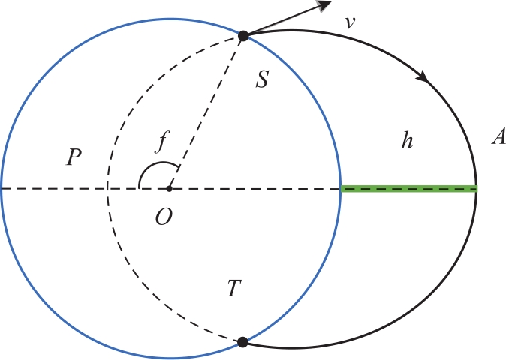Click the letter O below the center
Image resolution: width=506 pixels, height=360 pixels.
164,217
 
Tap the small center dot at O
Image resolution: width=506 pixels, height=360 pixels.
169,189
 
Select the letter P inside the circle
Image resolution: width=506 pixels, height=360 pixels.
74,157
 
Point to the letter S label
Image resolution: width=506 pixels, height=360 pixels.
262,79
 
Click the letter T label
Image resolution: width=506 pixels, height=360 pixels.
234,288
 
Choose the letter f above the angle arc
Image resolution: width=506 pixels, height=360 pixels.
163,142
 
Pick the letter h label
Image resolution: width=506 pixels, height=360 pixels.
407,141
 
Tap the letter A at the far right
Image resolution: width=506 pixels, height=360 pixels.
499,136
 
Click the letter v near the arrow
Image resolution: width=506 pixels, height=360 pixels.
350,22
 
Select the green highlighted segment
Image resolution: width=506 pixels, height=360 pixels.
409,189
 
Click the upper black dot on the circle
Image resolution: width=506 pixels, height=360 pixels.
243,36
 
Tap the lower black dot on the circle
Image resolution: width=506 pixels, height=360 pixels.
242,342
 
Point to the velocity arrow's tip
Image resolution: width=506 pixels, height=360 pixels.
331,1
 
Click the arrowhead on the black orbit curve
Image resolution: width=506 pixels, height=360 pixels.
423,76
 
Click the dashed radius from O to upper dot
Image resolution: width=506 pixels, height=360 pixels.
206,112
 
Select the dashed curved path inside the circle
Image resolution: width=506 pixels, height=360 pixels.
107,189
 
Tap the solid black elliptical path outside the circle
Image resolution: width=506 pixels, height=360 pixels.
476,189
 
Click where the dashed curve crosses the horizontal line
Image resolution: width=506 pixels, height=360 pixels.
107,189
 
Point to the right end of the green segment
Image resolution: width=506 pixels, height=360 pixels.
477,189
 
